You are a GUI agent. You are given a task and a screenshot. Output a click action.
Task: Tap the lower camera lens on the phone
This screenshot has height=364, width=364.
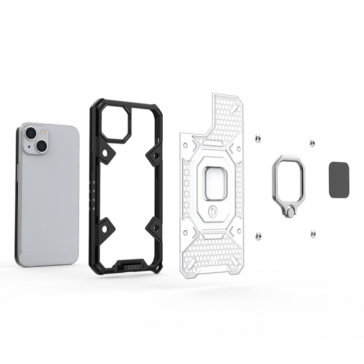[x=41, y=147]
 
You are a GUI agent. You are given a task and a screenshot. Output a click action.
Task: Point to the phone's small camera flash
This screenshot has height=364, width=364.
[x=43, y=134]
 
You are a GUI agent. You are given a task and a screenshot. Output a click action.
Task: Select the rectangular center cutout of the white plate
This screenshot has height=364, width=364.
[x=215, y=184]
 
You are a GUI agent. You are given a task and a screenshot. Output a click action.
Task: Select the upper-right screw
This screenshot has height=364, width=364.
[x=312, y=142]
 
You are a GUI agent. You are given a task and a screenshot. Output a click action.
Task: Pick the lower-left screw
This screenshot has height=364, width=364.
[x=258, y=236]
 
